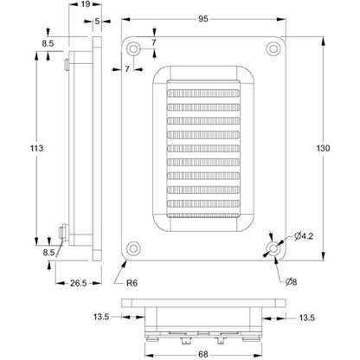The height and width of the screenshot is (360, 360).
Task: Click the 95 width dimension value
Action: pyautogui.click(x=203, y=19)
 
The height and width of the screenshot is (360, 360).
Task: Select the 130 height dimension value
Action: pyautogui.click(x=323, y=148)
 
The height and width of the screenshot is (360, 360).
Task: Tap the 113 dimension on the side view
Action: pyautogui.click(x=36, y=148)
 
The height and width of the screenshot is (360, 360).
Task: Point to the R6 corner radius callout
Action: pyautogui.click(x=132, y=283)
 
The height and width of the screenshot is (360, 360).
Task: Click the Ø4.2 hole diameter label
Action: pyautogui.click(x=304, y=236)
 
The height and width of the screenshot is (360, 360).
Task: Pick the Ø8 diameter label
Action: pyautogui.click(x=291, y=282)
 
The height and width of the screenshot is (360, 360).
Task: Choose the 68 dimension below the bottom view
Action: pyautogui.click(x=203, y=354)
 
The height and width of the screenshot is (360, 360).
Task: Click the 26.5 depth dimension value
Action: pyautogui.click(x=78, y=283)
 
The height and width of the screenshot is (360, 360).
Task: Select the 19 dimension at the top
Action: pyautogui.click(x=86, y=4)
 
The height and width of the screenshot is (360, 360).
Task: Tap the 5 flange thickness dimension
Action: pyautogui.click(x=97, y=21)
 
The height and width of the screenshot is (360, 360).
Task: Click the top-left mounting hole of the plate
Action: pyautogui.click(x=133, y=48)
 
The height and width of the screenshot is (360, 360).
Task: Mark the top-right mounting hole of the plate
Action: pyautogui.click(x=273, y=48)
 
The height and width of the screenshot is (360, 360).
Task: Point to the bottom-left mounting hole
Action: pyautogui.click(x=133, y=248)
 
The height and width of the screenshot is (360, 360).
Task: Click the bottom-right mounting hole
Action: pyautogui.click(x=273, y=248)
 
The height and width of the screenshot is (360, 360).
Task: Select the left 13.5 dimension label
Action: pyautogui.click(x=101, y=317)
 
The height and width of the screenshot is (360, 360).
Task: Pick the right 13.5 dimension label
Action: pyautogui.click(x=307, y=318)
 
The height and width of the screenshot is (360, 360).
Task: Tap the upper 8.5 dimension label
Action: pyautogui.click(x=48, y=43)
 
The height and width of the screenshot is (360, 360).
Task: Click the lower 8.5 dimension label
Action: pyautogui.click(x=48, y=253)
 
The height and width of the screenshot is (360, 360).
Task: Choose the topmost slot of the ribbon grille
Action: pyautogui.click(x=203, y=93)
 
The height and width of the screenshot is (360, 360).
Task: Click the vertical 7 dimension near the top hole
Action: pyautogui.click(x=154, y=42)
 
